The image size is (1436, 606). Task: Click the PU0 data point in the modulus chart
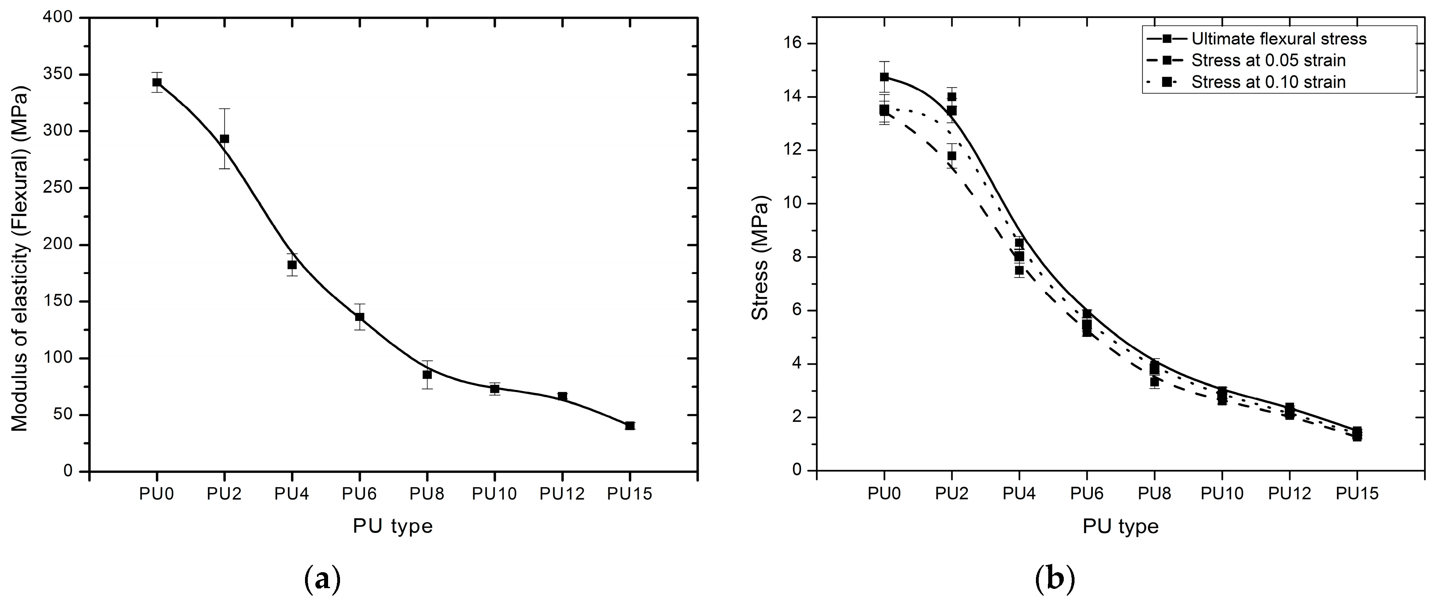(x=157, y=82)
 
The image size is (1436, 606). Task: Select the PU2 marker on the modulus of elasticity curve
(x=224, y=139)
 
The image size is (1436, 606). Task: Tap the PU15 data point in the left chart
(x=630, y=426)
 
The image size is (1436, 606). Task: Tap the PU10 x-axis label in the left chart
(x=494, y=494)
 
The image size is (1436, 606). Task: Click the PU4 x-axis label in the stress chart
(x=1019, y=494)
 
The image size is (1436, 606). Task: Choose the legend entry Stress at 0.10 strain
(x=1268, y=82)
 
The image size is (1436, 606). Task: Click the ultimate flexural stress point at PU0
(x=884, y=77)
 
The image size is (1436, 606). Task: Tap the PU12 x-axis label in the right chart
(x=1289, y=494)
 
